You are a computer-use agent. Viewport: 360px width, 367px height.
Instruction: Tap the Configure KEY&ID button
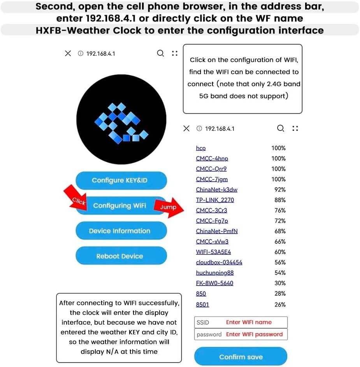click(x=121, y=180)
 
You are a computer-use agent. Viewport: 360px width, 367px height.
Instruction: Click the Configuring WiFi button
click(x=120, y=206)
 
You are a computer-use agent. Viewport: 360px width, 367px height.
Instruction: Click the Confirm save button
click(x=241, y=357)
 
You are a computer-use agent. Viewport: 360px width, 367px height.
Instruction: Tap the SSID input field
click(x=241, y=322)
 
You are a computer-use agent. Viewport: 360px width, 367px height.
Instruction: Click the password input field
click(x=241, y=334)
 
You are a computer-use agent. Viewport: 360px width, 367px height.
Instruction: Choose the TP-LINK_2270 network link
click(x=215, y=200)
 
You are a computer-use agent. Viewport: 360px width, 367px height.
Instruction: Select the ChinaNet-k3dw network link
click(x=216, y=190)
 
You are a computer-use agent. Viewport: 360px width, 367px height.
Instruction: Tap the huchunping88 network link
click(x=214, y=273)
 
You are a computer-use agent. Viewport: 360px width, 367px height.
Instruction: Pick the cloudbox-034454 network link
click(x=219, y=262)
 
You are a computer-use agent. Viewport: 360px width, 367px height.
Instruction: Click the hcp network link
click(x=201, y=148)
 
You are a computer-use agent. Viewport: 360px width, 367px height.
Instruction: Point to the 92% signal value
click(x=280, y=190)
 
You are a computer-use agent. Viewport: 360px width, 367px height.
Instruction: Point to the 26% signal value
click(x=280, y=305)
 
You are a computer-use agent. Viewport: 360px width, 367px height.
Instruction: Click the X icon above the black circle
click(x=68, y=53)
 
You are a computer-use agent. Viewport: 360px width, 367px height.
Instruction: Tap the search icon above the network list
click(x=280, y=128)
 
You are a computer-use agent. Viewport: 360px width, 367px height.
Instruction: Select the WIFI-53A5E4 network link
click(x=213, y=252)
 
